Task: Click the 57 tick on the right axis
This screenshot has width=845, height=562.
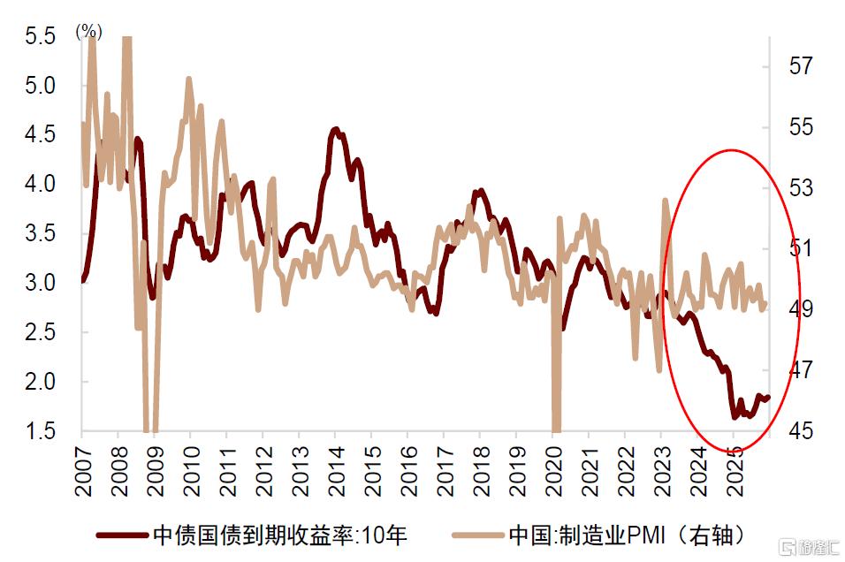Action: [x=800, y=65]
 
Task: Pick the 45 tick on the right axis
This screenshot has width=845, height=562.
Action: [x=800, y=431]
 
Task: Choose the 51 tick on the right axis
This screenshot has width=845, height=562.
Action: [x=800, y=248]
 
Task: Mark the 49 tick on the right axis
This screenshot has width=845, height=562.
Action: [x=800, y=309]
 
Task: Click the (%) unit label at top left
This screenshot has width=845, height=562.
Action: [x=89, y=33]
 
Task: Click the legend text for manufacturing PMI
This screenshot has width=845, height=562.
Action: [x=626, y=535]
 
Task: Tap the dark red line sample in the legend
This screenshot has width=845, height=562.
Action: [x=120, y=535]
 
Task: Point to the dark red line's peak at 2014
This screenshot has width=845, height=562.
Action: [x=335, y=130]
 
